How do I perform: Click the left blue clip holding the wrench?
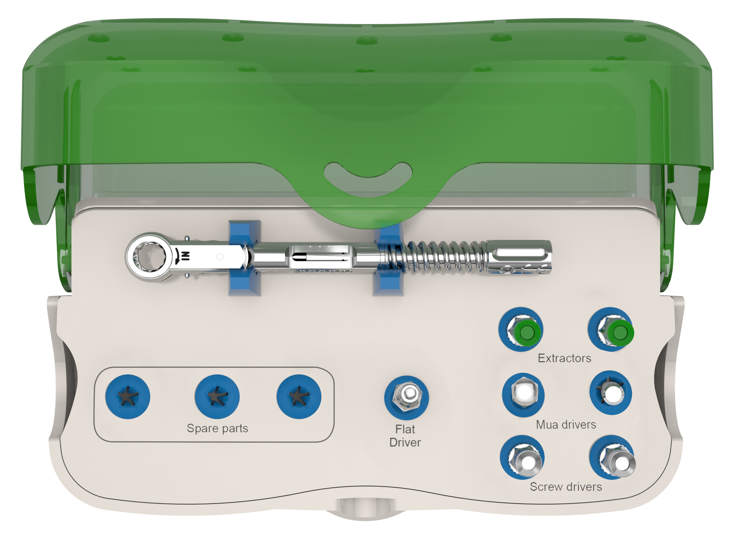pos(244,258)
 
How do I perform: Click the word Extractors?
pos(565,358)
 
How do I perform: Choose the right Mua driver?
pos(610,393)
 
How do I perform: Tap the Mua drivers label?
pos(566,425)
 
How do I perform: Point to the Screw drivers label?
pos(566,487)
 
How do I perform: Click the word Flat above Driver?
pos(405,429)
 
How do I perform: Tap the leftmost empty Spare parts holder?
pos(128,397)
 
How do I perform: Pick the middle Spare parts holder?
pos(217,397)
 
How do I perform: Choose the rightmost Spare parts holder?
pos(299,397)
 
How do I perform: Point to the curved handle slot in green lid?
pos(368,187)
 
